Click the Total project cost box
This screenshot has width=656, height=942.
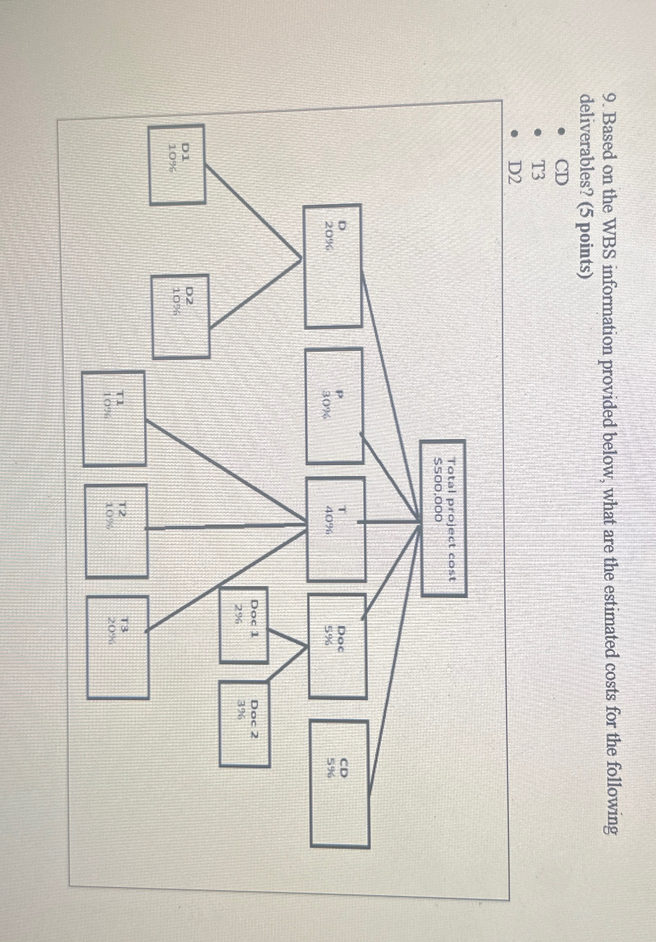pos(444,517)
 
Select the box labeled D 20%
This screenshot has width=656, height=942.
pos(333,266)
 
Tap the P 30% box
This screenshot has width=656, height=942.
pos(334,406)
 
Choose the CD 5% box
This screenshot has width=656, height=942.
pos(339,787)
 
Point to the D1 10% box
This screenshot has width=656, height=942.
pos(177,164)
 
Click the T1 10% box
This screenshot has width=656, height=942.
pos(114,418)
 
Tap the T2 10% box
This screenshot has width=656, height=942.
pos(116,530)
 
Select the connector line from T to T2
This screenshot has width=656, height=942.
pos(226,527)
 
